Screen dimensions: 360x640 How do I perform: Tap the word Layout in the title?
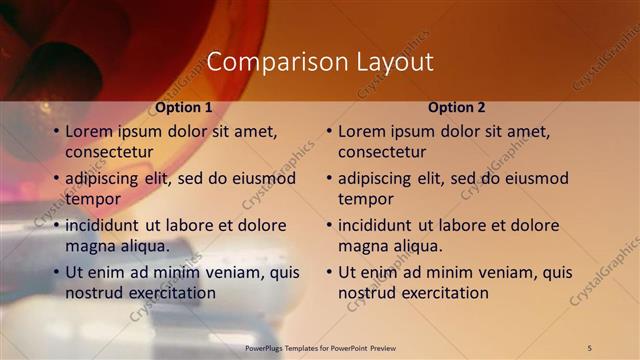(395, 62)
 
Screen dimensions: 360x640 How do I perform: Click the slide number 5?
(590, 347)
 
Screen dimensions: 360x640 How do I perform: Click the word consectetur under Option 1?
(109, 153)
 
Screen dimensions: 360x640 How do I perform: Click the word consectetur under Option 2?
(382, 153)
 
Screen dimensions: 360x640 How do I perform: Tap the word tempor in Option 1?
(91, 199)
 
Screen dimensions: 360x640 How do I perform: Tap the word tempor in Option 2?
(364, 199)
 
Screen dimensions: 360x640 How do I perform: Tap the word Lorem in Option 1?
(88, 132)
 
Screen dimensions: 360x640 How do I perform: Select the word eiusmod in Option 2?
(535, 179)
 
